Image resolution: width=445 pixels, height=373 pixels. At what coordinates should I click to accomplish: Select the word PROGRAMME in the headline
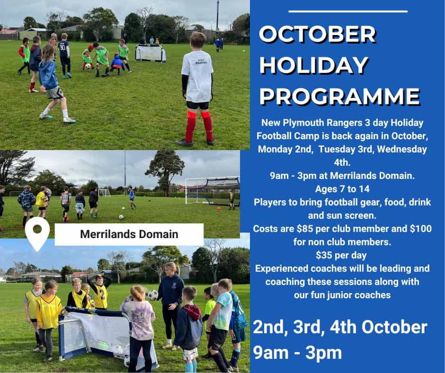[339, 96]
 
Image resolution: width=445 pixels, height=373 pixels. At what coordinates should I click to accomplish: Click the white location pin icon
[38, 232]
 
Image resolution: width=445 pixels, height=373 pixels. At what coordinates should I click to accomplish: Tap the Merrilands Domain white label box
[129, 234]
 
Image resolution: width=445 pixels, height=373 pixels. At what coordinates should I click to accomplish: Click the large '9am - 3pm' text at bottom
[297, 352]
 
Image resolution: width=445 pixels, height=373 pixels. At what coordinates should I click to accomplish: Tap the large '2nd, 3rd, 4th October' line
[340, 327]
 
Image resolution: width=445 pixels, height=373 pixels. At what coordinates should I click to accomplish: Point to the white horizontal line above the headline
[347, 11]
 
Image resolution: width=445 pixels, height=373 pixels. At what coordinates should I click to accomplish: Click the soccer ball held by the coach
[152, 295]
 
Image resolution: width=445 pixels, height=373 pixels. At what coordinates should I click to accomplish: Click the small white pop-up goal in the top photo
[150, 53]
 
